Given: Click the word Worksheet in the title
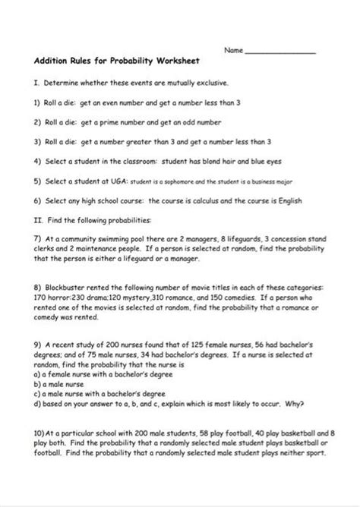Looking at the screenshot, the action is [x=163, y=63].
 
